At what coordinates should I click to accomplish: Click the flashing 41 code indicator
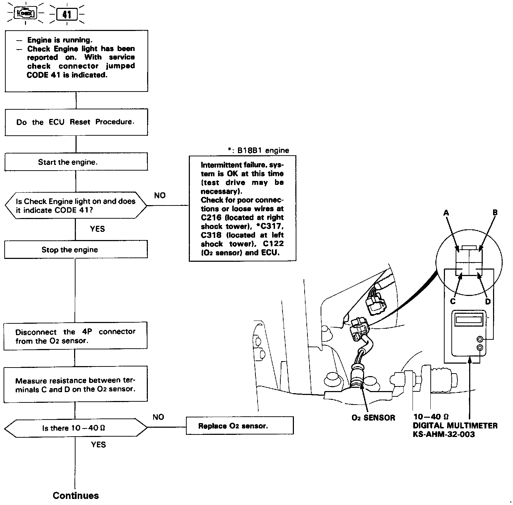click(67, 15)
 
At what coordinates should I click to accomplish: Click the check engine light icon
click(25, 14)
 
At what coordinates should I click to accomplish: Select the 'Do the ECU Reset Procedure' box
click(76, 122)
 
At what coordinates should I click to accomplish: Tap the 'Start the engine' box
click(76, 162)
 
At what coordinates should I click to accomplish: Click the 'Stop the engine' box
click(76, 250)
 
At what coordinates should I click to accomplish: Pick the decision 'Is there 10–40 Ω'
click(76, 428)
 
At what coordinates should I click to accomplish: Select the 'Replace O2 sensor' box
click(239, 426)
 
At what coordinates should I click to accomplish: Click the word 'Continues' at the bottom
click(76, 495)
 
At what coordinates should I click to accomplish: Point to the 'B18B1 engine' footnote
click(258, 150)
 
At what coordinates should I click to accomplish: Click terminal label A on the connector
click(446, 213)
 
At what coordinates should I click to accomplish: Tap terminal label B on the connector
click(495, 213)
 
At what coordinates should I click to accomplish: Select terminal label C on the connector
click(453, 301)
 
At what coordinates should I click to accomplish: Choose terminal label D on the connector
click(488, 301)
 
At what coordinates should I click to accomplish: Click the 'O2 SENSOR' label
click(373, 418)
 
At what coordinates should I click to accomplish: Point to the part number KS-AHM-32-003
click(444, 434)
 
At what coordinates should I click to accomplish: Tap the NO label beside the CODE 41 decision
click(160, 195)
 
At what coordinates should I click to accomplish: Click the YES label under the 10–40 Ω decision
click(98, 444)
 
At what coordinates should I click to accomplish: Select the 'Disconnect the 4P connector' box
click(76, 336)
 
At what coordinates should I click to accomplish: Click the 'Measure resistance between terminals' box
click(76, 385)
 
